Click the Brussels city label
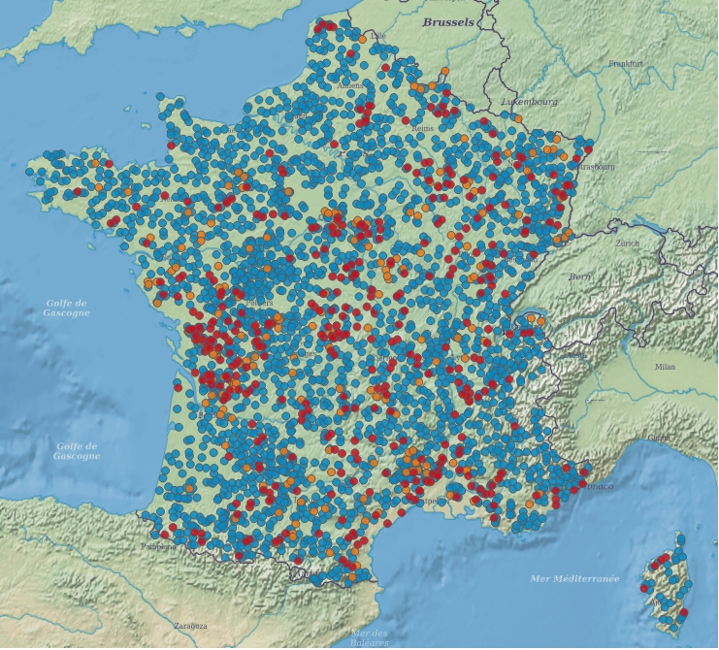448,21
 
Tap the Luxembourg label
529,101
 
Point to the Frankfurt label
627,64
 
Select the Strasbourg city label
596,166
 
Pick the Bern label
579,276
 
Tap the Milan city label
665,367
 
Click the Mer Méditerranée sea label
574,578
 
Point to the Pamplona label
158,546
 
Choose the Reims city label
421,128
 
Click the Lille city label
377,36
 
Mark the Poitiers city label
260,303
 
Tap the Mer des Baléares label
368,637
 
